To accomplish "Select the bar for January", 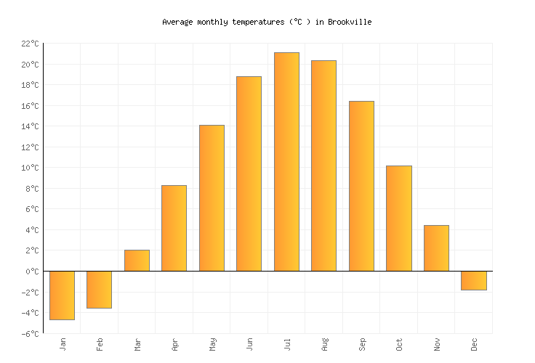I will (62, 295).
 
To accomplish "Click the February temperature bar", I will (99, 289).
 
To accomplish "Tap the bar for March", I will (137, 261).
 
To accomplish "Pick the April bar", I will (174, 228).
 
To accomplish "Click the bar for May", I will (212, 198).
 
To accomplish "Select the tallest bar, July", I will (286, 162).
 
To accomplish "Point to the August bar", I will (323, 166).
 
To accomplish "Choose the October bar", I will (398, 219).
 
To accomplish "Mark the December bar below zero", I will (473, 280).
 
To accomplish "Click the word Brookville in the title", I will (349, 22).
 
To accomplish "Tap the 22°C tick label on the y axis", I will (30, 44).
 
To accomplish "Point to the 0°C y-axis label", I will (32, 272).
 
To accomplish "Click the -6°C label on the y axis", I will (30, 334).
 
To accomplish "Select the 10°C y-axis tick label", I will (30, 168).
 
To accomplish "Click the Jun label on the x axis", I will (249, 343).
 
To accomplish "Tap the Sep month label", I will (361, 343).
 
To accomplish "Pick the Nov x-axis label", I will (436, 343).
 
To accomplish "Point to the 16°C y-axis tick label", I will (30, 106).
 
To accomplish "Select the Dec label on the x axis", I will (474, 343).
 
